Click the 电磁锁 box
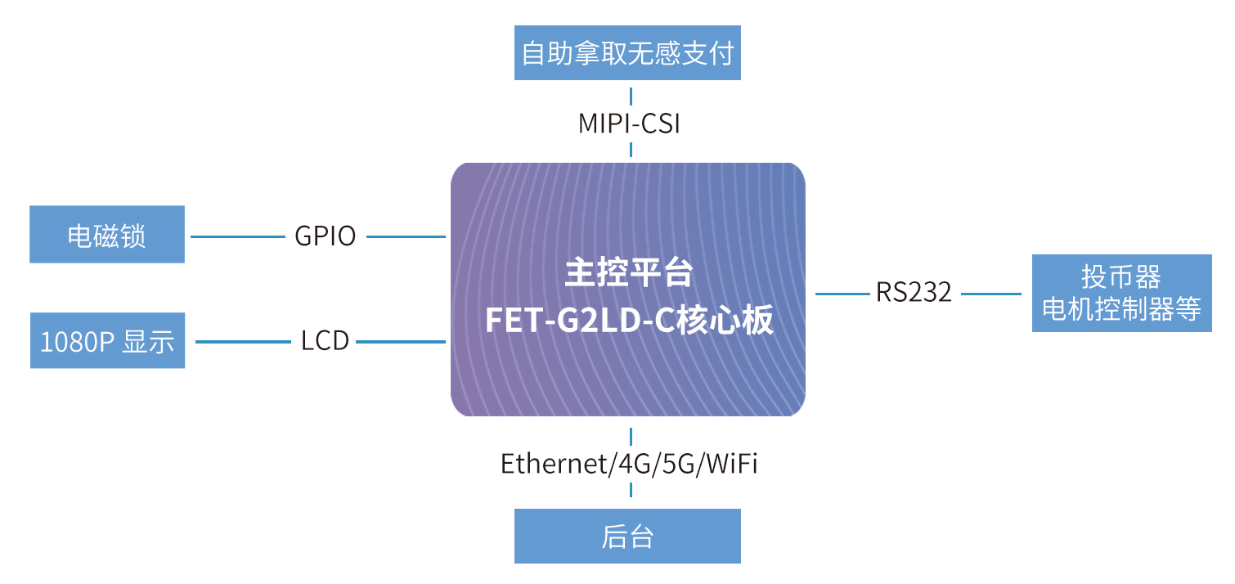(x=107, y=235)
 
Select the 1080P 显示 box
(x=107, y=340)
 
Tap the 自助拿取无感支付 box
(x=627, y=53)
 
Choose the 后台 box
(x=627, y=536)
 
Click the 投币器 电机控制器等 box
(x=1122, y=294)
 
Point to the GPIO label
(x=326, y=236)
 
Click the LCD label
(x=325, y=341)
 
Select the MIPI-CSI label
(x=629, y=124)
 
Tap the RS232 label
(x=914, y=292)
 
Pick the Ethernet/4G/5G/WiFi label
(x=629, y=463)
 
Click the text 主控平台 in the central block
(x=628, y=272)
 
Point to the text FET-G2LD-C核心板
(x=629, y=320)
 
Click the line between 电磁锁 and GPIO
(x=238, y=236)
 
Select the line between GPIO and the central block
(x=406, y=236)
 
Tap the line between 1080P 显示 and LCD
(x=243, y=342)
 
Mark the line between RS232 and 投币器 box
(x=991, y=294)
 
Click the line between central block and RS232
(x=842, y=294)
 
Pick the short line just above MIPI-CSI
(x=631, y=97)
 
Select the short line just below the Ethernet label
(x=631, y=490)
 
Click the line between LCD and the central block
(x=401, y=342)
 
